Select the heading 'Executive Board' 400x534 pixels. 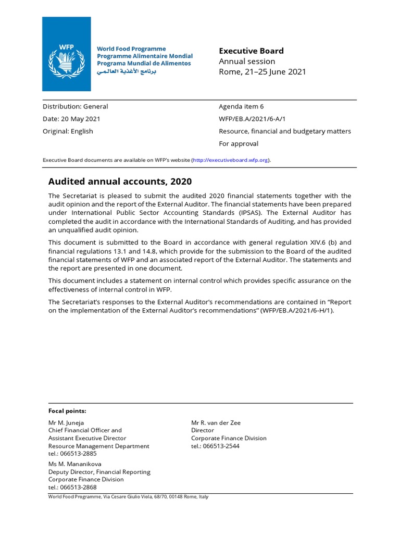click(x=251, y=51)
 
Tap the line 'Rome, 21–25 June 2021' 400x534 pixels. click(x=262, y=72)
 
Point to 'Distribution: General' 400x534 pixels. click(x=76, y=106)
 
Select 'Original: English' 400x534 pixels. click(x=68, y=131)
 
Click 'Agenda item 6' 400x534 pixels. click(x=241, y=106)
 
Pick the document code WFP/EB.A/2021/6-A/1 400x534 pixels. click(x=252, y=119)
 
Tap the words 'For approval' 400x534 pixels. click(x=239, y=144)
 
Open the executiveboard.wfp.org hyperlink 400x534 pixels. click(x=231, y=160)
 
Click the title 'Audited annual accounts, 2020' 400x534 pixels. click(x=120, y=181)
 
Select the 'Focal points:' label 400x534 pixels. click(x=67, y=411)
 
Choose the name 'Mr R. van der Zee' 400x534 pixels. click(x=216, y=422)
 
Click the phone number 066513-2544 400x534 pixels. click(x=224, y=446)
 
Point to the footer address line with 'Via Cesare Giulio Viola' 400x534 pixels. click(x=128, y=496)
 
